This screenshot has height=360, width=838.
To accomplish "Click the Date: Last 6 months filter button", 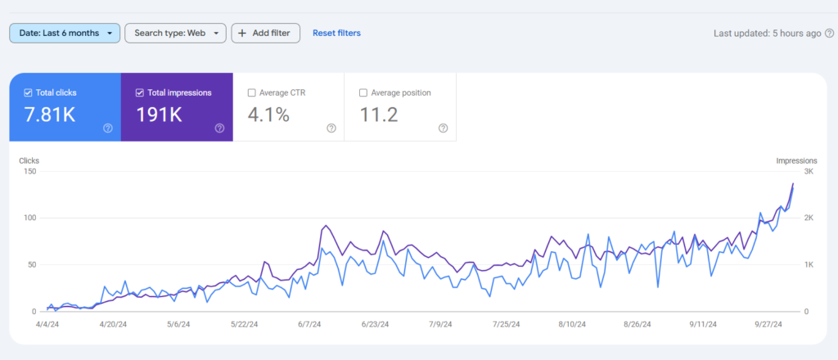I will [x=65, y=33].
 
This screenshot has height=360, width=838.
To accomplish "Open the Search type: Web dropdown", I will [x=175, y=33].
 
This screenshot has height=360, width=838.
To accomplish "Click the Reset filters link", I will [x=336, y=33].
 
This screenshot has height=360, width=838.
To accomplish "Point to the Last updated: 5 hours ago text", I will [x=767, y=34].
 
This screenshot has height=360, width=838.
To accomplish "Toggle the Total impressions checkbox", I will [x=141, y=92].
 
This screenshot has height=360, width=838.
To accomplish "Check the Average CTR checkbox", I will [x=252, y=92].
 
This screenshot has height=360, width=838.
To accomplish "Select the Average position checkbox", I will [x=364, y=92].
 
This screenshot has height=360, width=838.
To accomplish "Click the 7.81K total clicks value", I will [x=50, y=115].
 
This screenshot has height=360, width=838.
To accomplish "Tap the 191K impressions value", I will [x=159, y=115].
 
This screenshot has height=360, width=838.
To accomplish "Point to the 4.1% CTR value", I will [x=268, y=115].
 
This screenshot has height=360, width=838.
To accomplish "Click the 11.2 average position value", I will [x=379, y=115].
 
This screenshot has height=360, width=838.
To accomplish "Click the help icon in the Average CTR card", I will [x=331, y=128].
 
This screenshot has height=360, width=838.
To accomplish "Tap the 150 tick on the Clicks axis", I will [x=29, y=171].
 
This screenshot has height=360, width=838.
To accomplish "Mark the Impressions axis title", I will [x=796, y=160].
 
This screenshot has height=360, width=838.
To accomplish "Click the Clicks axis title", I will [x=29, y=160].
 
